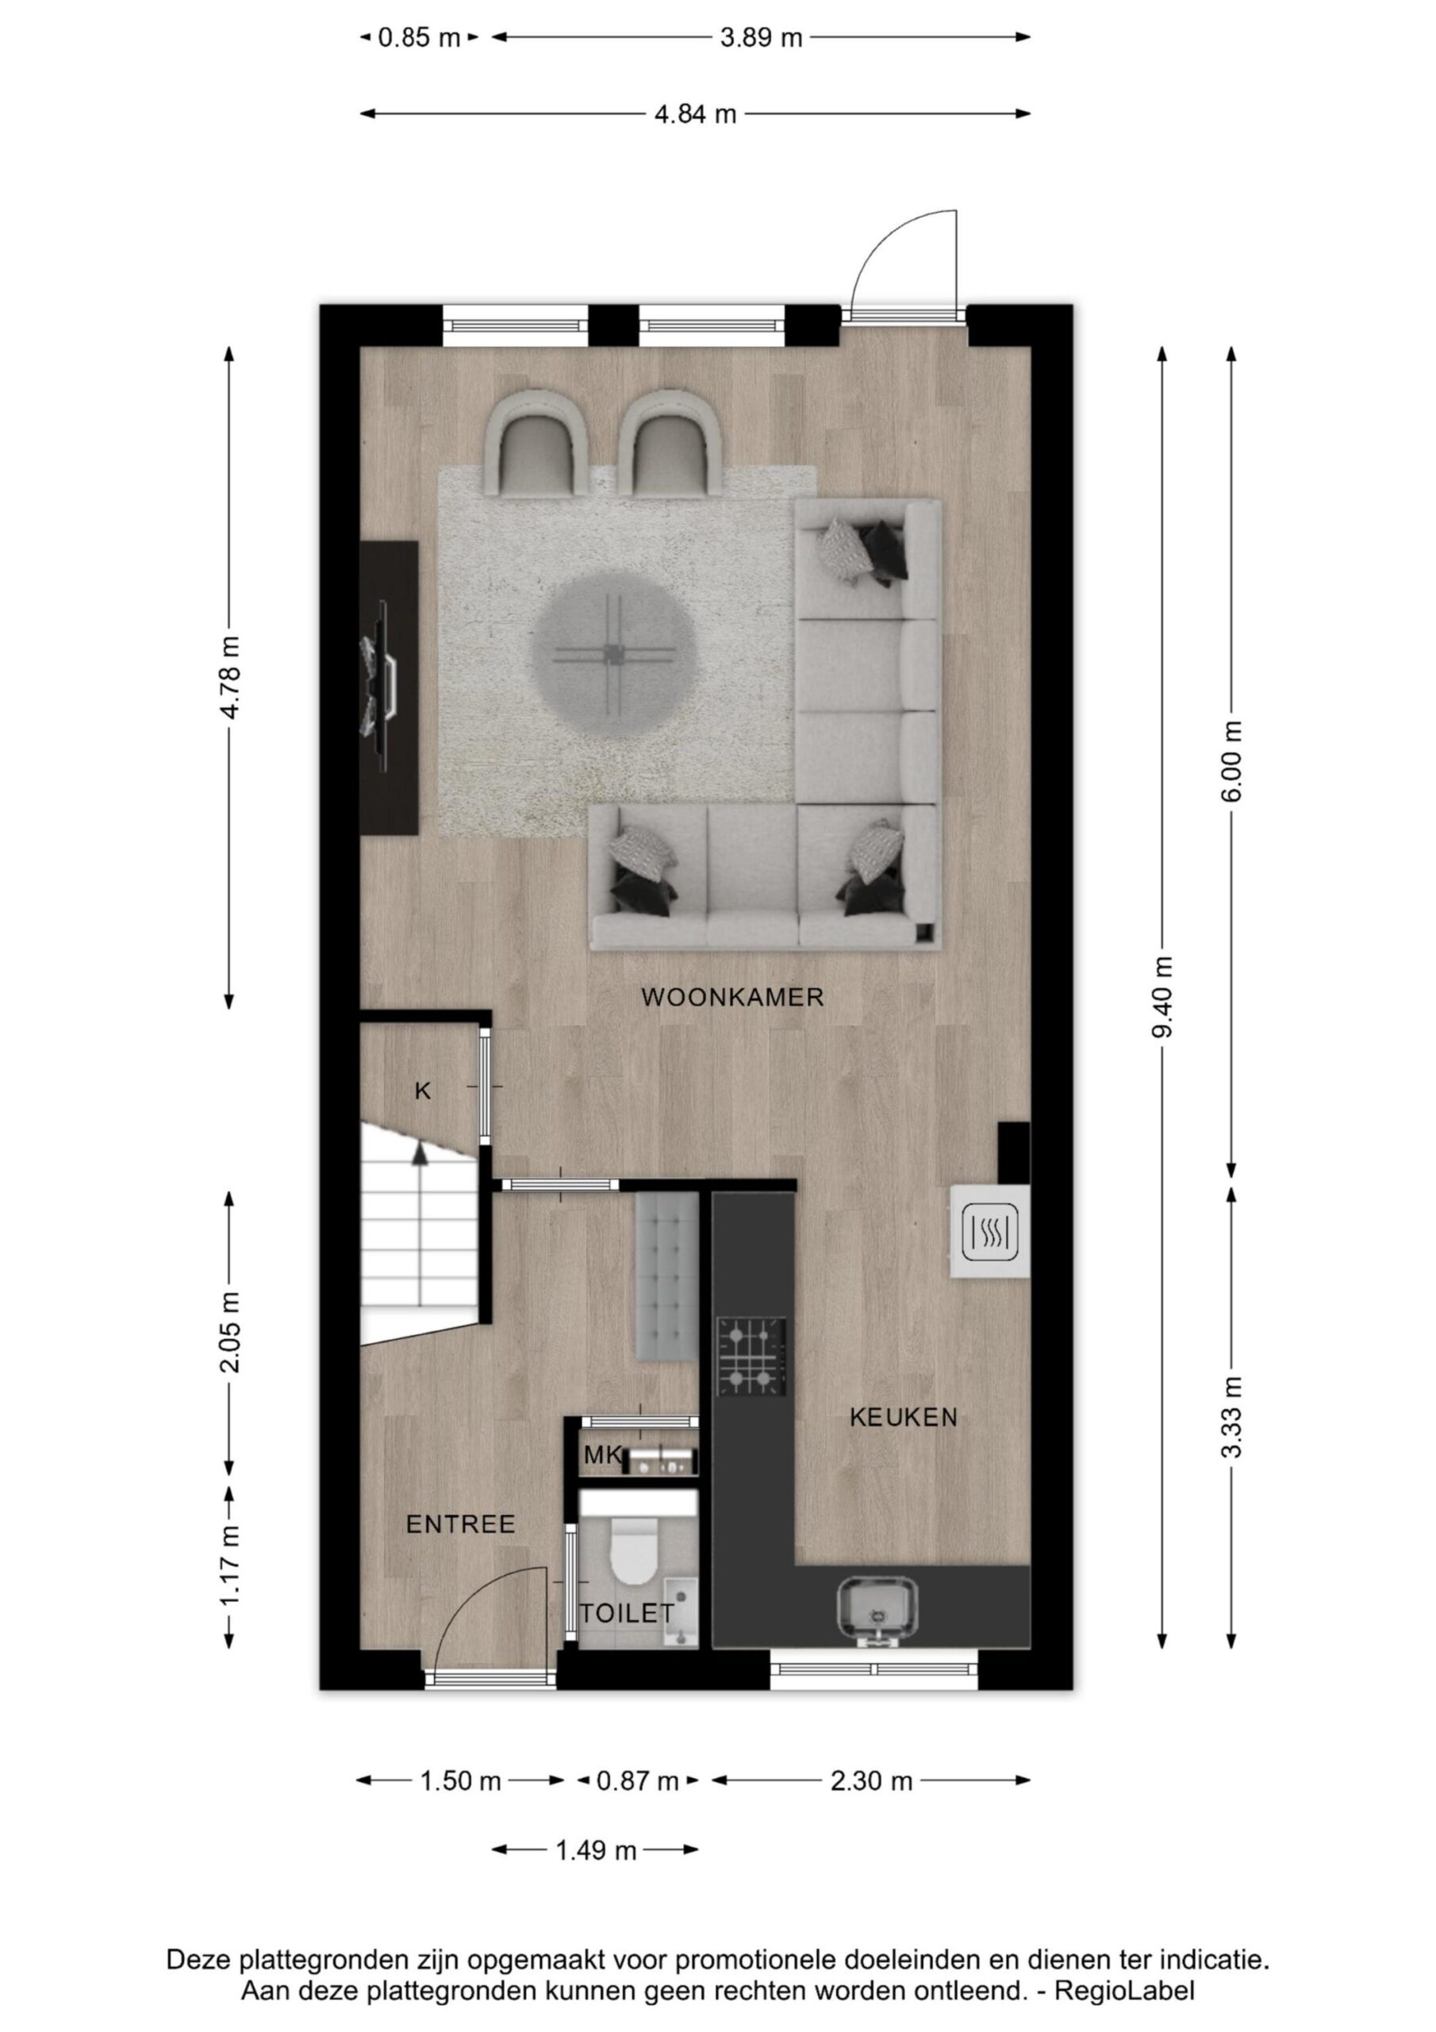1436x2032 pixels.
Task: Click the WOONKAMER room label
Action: [731, 998]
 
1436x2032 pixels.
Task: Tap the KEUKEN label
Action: [904, 1417]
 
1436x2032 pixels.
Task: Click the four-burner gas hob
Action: [751, 1356]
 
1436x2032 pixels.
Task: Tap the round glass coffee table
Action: [613, 655]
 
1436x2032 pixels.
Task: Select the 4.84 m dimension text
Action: [696, 114]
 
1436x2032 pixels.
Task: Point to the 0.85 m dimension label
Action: [420, 38]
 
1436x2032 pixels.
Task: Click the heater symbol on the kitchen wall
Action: [990, 1230]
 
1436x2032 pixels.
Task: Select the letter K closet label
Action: [423, 1091]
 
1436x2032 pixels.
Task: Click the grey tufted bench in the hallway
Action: [666, 1276]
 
